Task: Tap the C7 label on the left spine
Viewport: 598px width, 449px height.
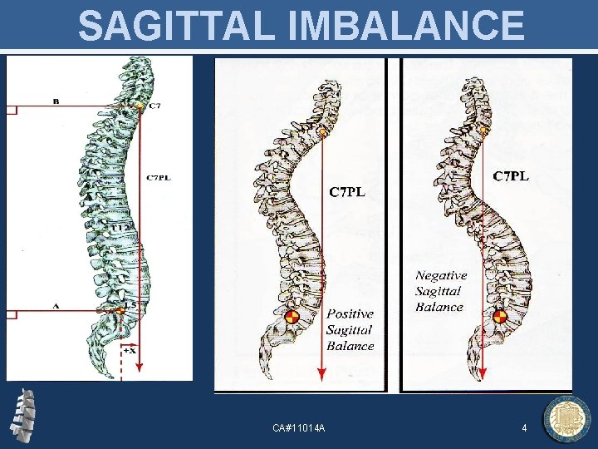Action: click(155, 106)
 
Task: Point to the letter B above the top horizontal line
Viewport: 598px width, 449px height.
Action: click(56, 101)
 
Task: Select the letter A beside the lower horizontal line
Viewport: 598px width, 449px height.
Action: click(56, 306)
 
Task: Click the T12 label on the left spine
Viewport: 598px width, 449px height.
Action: click(121, 227)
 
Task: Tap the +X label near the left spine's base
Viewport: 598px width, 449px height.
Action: click(130, 352)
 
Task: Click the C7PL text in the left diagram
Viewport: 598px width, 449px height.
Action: click(159, 176)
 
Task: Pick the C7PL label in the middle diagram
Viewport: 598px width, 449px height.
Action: click(348, 193)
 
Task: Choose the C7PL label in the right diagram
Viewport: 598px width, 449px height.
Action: click(512, 176)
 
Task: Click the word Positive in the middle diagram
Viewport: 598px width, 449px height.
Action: click(350, 313)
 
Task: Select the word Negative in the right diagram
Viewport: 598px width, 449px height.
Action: click(441, 275)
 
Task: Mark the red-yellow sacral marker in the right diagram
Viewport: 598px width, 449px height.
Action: click(499, 317)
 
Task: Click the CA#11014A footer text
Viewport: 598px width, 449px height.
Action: click(299, 427)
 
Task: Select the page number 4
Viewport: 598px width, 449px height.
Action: click(524, 427)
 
